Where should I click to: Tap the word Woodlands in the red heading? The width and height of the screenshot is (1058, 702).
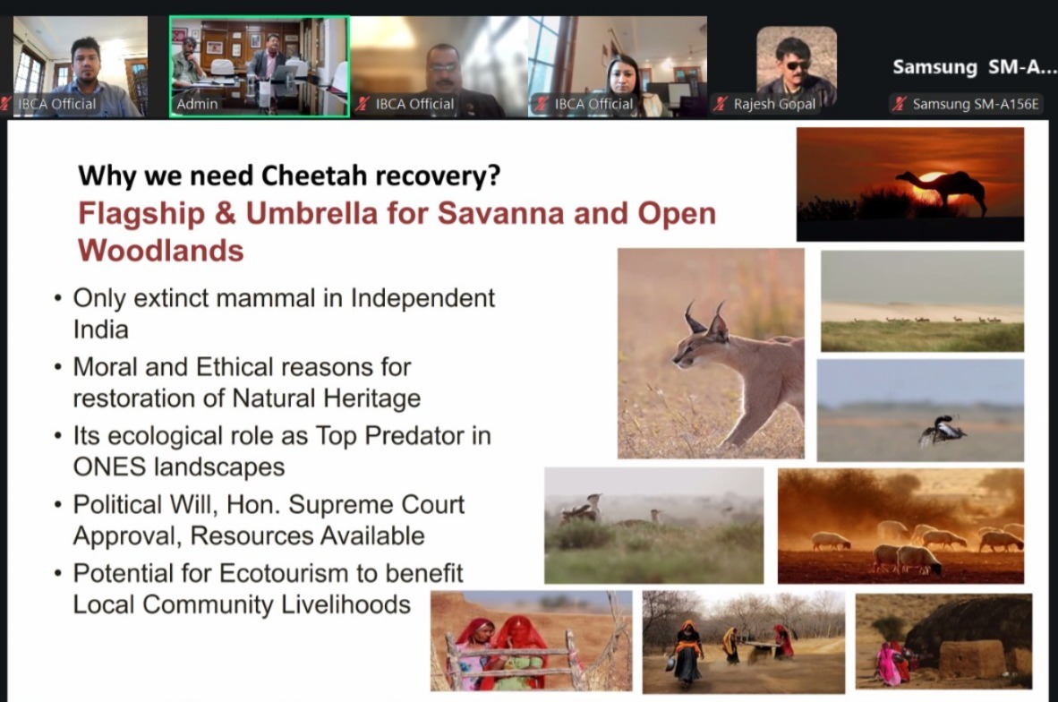pyautogui.click(x=160, y=251)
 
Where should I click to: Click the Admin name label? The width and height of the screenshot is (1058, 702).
pyautogui.click(x=197, y=104)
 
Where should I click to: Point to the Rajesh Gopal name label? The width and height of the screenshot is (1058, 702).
pyautogui.click(x=774, y=104)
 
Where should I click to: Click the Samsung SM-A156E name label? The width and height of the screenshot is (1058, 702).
pyautogui.click(x=976, y=104)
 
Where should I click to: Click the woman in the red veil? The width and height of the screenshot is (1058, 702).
pyautogui.click(x=519, y=652)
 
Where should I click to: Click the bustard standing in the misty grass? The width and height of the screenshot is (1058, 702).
pyautogui.click(x=582, y=509)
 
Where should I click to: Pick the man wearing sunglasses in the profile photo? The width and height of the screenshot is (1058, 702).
pyautogui.click(x=797, y=71)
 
